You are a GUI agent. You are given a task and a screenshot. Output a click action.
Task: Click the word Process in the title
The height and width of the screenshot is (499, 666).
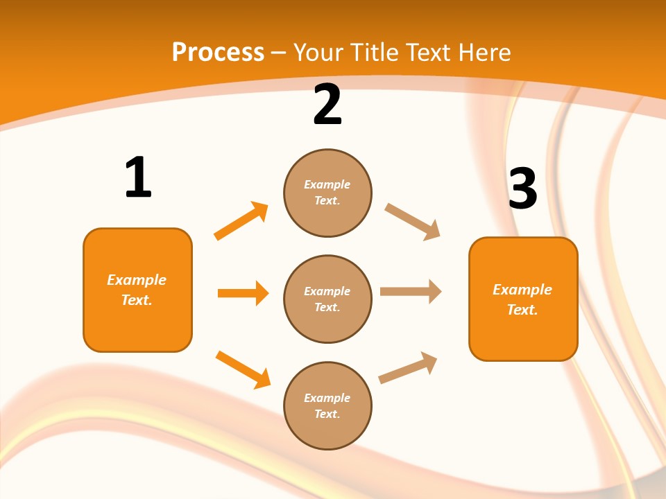[x=218, y=53]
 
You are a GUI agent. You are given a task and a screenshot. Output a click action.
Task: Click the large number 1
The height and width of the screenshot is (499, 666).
[x=138, y=178]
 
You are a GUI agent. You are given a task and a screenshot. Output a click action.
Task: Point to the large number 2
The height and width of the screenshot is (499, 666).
[x=327, y=105]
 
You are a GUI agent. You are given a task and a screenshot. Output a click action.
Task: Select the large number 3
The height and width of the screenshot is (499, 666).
[x=522, y=189]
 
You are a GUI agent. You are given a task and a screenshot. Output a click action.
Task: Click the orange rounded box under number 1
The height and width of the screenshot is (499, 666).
[x=137, y=290]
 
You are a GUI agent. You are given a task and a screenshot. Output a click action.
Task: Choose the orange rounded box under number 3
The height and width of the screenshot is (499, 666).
[x=523, y=299]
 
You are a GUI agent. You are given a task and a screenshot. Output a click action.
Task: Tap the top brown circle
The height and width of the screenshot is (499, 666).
[x=327, y=193]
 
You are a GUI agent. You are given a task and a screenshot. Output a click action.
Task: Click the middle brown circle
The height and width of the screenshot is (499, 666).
[x=327, y=299]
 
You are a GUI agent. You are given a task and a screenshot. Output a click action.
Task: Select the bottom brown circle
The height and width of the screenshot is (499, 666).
[x=327, y=405]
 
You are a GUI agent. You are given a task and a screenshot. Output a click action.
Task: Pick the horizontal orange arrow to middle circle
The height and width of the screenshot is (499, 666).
[x=243, y=293]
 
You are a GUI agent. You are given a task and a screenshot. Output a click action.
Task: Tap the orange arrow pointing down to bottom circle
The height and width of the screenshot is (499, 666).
[x=243, y=369]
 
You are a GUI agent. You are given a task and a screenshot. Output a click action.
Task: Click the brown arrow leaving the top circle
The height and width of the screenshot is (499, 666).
[x=413, y=222]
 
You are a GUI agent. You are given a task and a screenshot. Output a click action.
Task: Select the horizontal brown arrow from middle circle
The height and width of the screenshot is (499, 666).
[x=411, y=292]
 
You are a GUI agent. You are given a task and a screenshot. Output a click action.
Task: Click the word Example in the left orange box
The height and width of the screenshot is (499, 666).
[x=137, y=280]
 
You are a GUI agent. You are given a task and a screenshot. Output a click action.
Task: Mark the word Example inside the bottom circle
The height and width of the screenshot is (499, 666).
[x=327, y=398]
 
